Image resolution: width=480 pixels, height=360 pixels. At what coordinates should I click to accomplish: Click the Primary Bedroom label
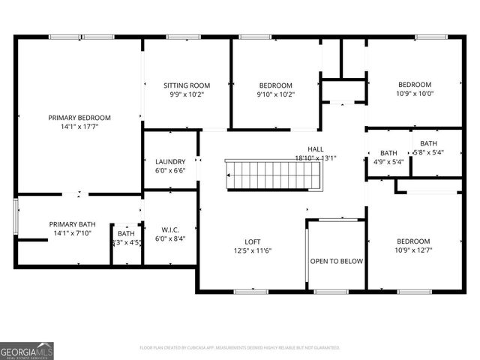79,118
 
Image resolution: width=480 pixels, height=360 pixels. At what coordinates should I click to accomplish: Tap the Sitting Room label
187,85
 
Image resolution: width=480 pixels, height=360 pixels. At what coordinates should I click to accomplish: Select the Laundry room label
170,162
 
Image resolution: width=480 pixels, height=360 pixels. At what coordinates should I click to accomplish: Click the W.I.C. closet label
170,229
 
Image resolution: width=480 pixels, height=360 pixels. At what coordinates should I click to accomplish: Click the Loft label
252,241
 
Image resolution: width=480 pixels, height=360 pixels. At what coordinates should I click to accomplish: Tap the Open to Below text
337,261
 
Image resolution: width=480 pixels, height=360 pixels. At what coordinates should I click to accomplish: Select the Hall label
316,149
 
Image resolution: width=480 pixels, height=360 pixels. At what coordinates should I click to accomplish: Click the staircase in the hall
274,175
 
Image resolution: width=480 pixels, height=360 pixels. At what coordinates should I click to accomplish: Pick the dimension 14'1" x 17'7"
79,127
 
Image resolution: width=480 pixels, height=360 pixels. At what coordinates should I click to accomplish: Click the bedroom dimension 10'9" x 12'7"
414,250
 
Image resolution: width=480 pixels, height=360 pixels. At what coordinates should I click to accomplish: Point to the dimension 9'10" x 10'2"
275,94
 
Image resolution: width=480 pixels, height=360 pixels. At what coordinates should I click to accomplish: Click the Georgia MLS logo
27,350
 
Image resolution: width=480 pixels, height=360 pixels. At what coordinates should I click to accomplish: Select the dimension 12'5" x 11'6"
252,250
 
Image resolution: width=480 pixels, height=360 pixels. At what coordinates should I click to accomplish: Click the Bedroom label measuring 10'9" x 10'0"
415,85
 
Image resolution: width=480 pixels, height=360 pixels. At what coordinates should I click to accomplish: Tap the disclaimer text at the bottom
240,347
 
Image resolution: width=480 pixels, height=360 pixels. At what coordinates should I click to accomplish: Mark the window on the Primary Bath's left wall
16,217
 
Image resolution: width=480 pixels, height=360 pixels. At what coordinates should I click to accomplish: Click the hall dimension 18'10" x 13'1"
316,158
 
